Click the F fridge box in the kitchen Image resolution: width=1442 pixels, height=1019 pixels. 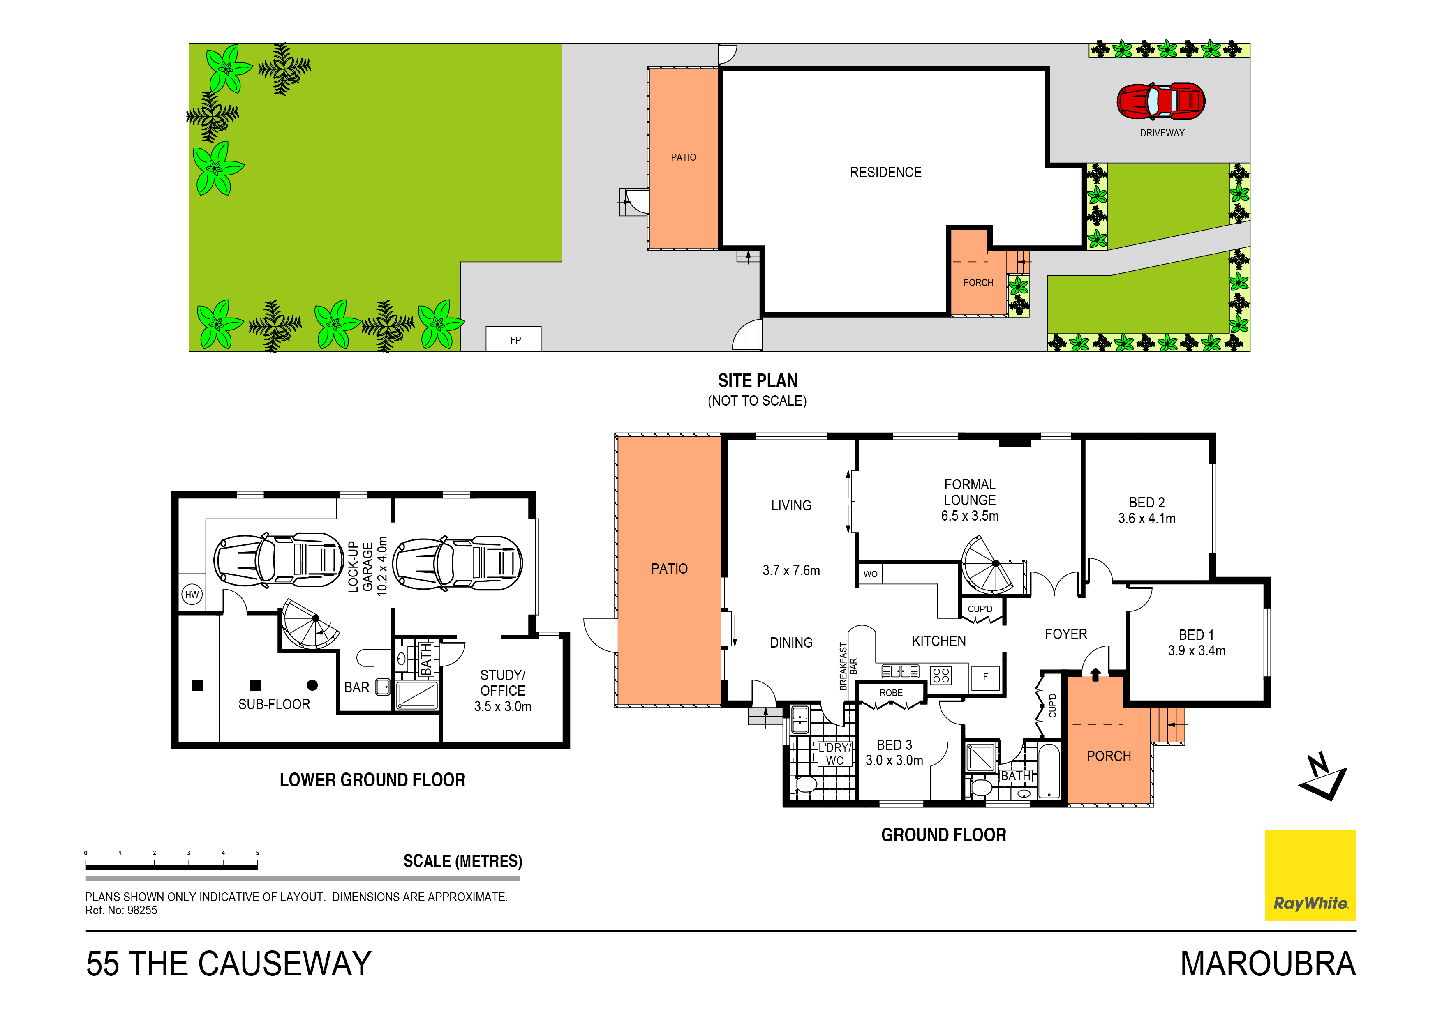pyautogui.click(x=985, y=677)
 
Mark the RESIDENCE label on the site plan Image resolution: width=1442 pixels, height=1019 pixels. pyautogui.click(x=885, y=172)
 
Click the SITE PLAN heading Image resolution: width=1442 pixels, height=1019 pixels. pyautogui.click(x=758, y=380)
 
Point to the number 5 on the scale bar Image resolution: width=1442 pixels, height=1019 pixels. pyautogui.click(x=257, y=853)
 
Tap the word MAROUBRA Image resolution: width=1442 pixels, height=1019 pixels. pyautogui.click(x=1268, y=964)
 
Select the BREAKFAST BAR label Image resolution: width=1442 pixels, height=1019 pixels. pyautogui.click(x=848, y=666)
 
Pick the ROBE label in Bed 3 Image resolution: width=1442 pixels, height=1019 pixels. pyautogui.click(x=891, y=692)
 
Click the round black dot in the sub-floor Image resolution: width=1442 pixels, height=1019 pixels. pyautogui.click(x=312, y=685)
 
